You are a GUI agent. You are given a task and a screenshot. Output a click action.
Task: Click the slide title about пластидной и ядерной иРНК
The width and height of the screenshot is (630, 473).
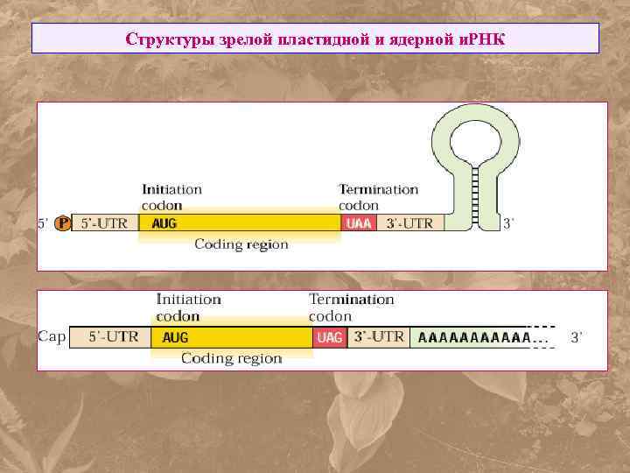(x=315, y=39)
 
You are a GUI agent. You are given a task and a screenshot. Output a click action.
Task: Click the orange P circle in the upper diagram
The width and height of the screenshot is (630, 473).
(x=62, y=223)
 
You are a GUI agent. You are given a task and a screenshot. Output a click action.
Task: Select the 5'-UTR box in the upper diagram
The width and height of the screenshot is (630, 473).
(x=104, y=223)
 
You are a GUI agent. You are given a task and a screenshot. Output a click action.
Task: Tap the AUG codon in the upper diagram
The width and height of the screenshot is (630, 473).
(x=164, y=223)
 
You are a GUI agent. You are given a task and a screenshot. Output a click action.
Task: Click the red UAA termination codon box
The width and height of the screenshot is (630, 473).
(x=359, y=223)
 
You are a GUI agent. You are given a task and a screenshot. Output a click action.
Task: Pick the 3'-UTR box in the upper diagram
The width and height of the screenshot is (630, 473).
(x=409, y=223)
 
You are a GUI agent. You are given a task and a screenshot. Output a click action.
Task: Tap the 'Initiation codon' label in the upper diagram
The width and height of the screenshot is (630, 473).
(x=171, y=195)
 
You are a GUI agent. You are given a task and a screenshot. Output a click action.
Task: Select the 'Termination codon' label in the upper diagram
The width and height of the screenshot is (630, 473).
(x=378, y=195)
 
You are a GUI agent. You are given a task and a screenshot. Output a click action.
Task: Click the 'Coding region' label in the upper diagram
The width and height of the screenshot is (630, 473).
(x=241, y=244)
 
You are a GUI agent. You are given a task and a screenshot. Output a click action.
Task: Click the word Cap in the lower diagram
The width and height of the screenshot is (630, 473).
(x=52, y=336)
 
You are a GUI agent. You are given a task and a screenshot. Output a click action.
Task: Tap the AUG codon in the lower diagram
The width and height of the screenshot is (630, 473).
(x=175, y=337)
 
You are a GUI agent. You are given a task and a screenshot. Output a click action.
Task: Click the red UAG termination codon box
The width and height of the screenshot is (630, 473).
(x=329, y=337)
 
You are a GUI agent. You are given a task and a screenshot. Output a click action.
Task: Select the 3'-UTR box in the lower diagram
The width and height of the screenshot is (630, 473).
(x=379, y=336)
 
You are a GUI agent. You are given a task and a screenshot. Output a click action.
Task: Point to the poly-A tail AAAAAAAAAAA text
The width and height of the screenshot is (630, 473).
(x=475, y=337)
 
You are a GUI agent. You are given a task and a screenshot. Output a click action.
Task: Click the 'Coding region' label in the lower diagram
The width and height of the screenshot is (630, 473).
(x=231, y=358)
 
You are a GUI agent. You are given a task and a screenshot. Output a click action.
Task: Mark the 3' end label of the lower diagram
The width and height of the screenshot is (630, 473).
(x=576, y=336)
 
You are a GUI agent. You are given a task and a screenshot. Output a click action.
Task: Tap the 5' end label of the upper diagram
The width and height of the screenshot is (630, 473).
(x=43, y=223)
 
